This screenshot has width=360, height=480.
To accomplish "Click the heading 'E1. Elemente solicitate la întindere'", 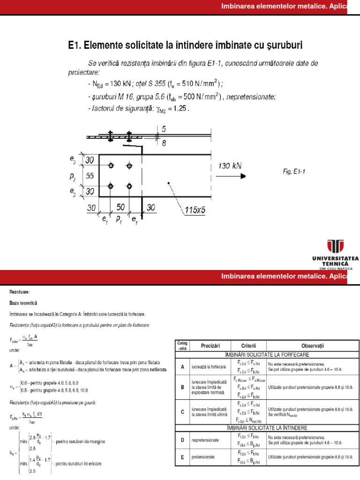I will [x=185, y=45].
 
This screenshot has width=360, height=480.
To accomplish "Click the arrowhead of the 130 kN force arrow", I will [x=242, y=176].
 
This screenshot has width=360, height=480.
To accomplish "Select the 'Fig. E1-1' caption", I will [x=294, y=172].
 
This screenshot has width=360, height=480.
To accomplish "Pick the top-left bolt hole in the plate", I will [x=110, y=166].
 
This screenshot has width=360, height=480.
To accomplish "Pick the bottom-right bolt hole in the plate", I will [x=129, y=186].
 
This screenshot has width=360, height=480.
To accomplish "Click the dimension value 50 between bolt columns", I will [x=121, y=207].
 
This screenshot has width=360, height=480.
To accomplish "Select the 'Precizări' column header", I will [x=207, y=346].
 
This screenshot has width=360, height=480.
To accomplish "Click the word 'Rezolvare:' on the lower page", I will [x=19, y=292].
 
